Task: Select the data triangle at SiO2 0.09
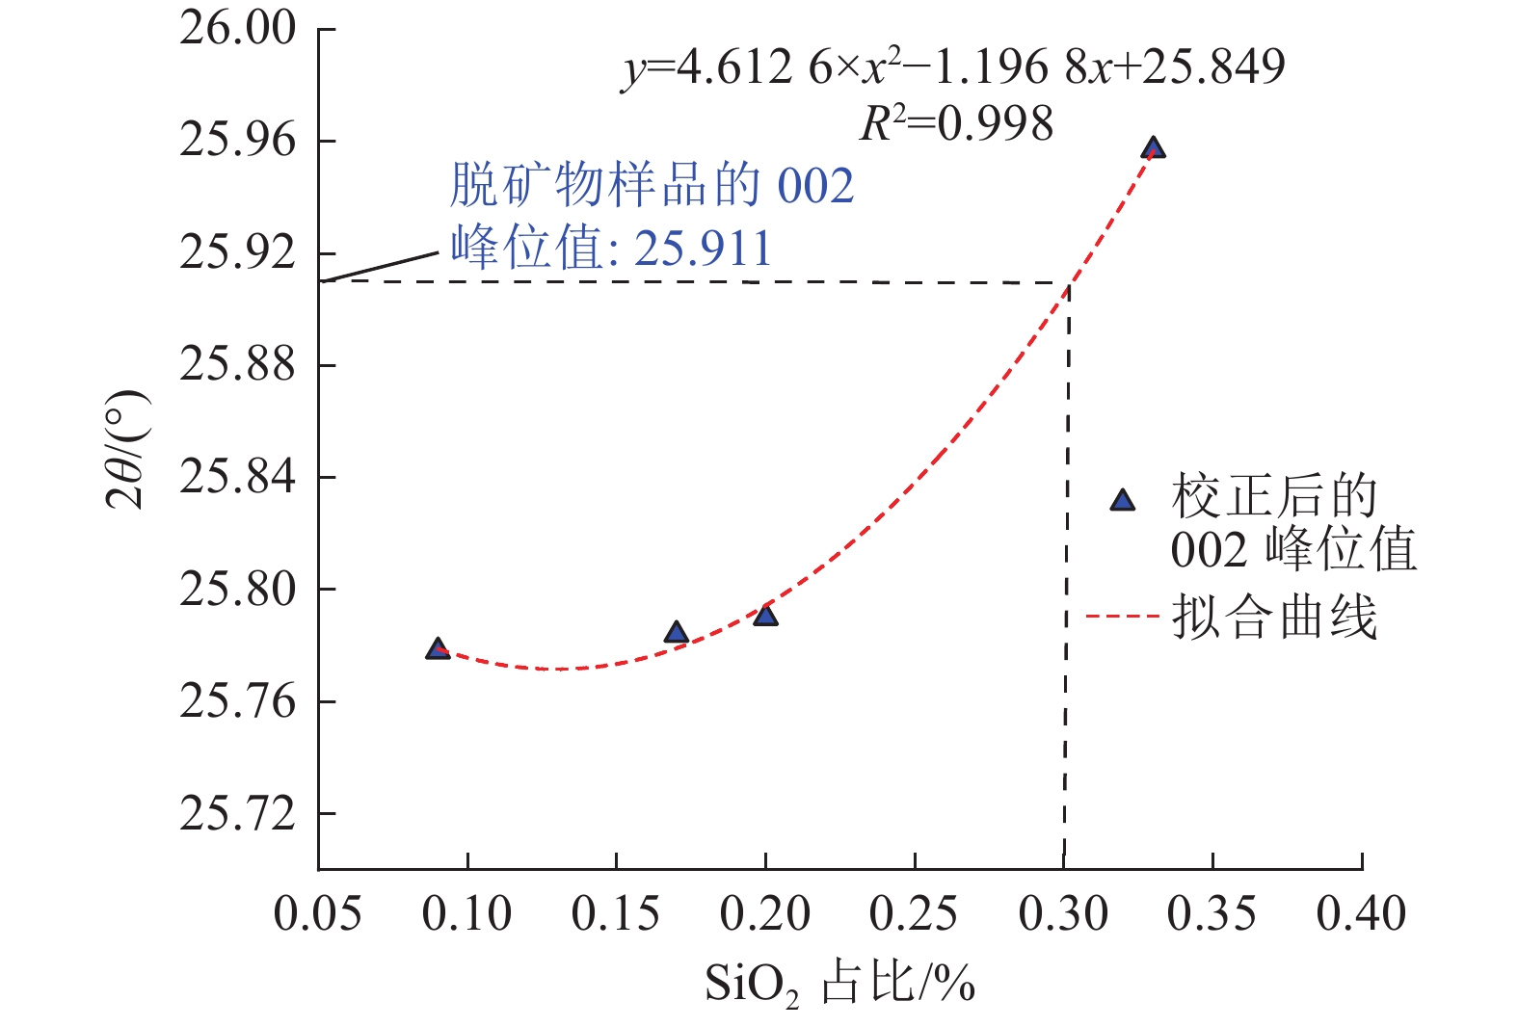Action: [x=438, y=648]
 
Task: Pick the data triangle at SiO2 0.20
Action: [x=765, y=616]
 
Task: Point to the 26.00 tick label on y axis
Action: [x=237, y=29]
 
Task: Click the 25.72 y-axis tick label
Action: [x=237, y=814]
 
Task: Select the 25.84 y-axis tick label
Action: [x=237, y=477]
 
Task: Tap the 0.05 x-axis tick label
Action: [x=318, y=913]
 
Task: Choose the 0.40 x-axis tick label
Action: [x=1361, y=913]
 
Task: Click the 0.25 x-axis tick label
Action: [x=914, y=913]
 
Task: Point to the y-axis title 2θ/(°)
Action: [x=128, y=450]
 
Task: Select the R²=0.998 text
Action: [x=956, y=124]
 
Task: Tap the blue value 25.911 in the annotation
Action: [x=704, y=249]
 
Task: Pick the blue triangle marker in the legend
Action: [x=1122, y=500]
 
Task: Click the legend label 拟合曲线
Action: [x=1274, y=618]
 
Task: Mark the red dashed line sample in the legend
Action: [x=1121, y=616]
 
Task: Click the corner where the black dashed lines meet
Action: [x=1068, y=282]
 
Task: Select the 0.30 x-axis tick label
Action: [x=1063, y=913]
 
